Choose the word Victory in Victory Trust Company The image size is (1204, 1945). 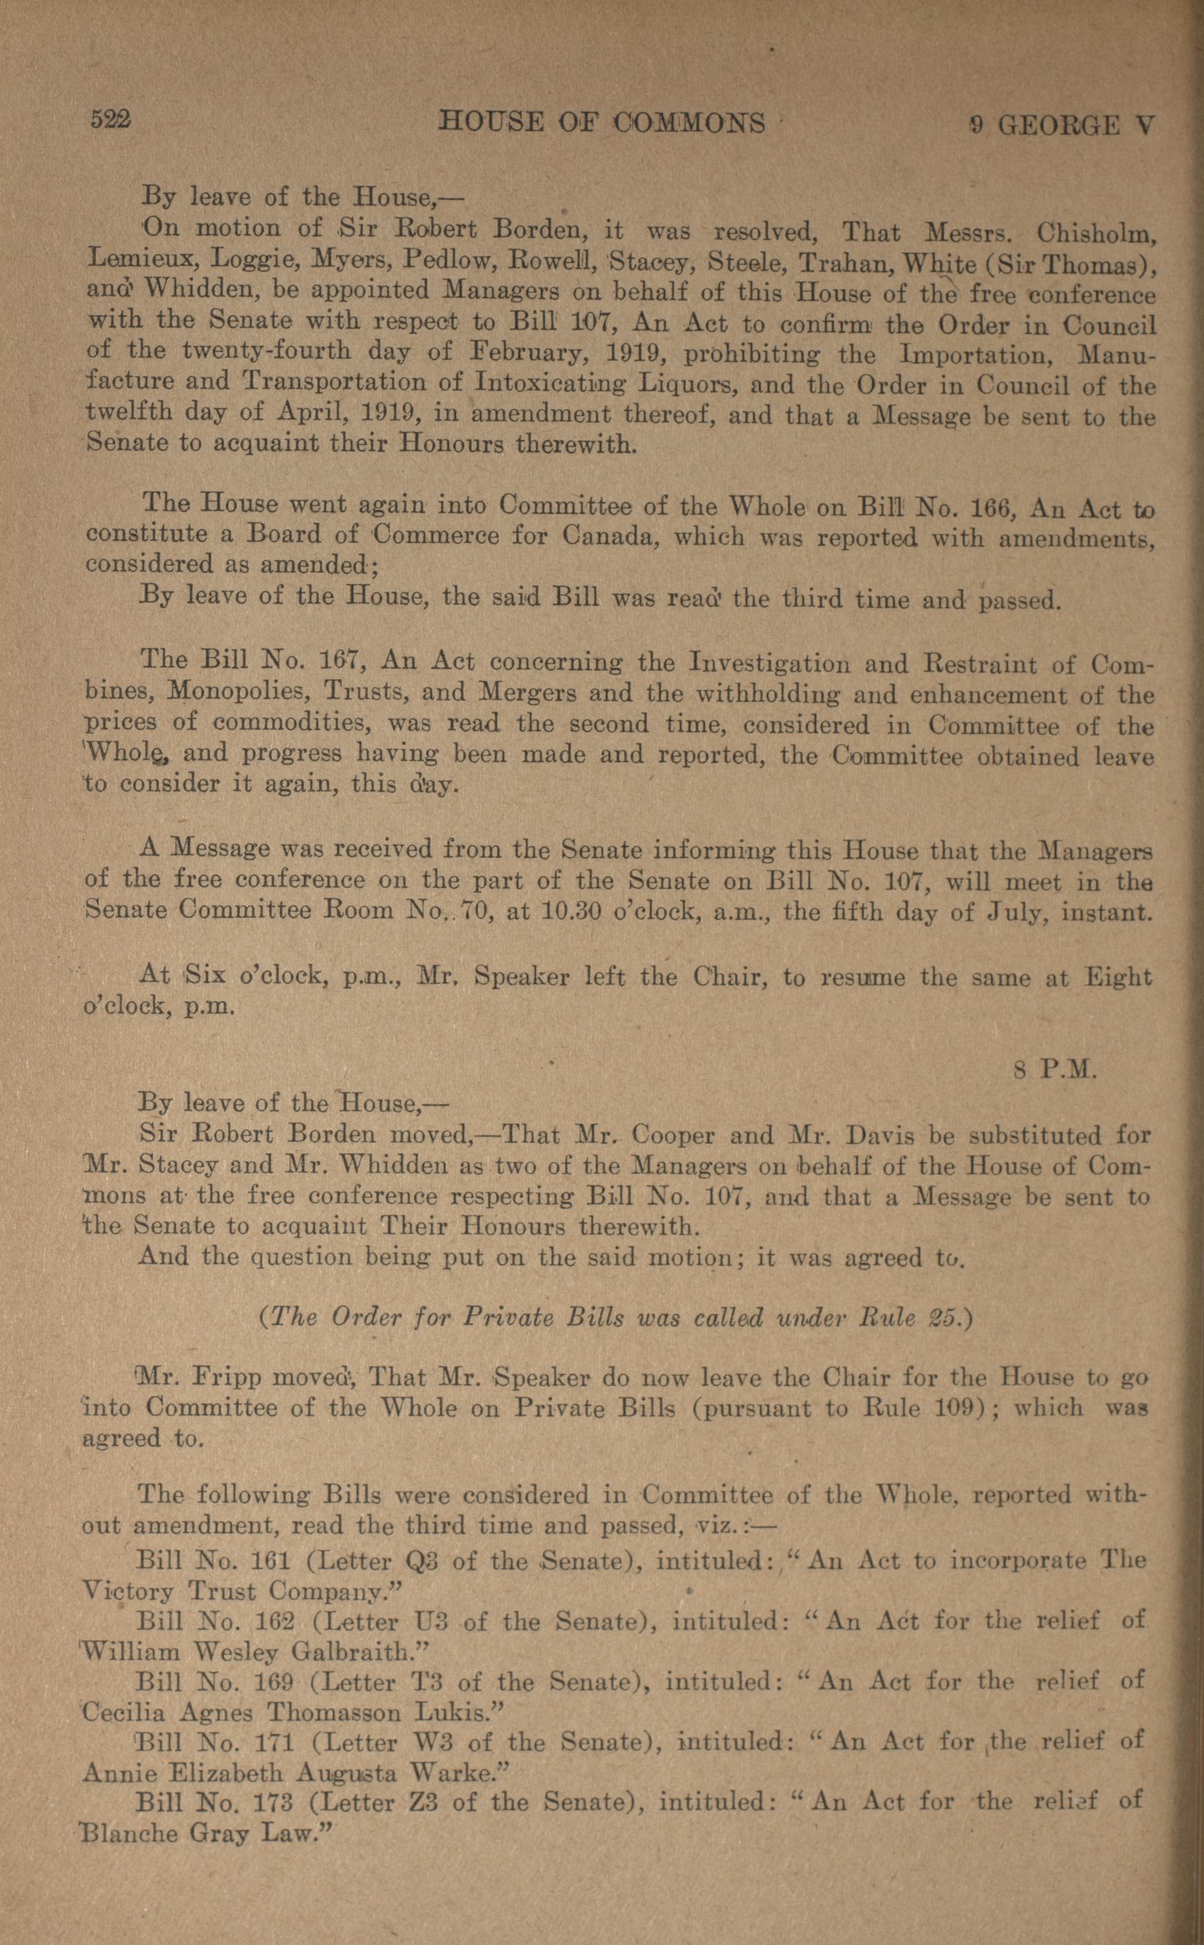point(129,1592)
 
